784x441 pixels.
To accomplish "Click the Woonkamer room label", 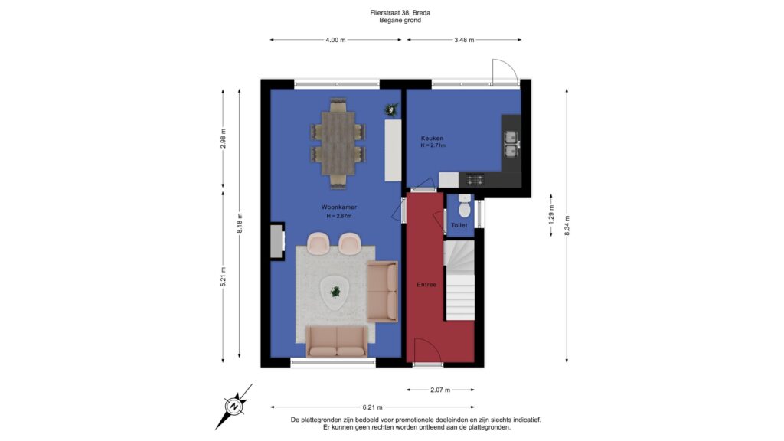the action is tap(339, 207).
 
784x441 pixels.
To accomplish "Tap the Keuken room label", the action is tap(432, 139).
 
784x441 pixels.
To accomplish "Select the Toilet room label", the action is tap(459, 226).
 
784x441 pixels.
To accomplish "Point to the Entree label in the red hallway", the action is tap(426, 285).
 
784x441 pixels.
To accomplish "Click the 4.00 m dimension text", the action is tap(335, 40).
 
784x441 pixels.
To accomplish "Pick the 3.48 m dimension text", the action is tap(464, 40).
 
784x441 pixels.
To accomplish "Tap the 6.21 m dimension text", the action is tap(373, 407).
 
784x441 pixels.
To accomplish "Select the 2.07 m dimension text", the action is tap(440, 390).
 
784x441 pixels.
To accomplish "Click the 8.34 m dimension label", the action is tap(567, 226).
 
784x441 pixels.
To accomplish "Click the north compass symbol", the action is tap(234, 407).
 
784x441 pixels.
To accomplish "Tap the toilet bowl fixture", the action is tap(465, 207).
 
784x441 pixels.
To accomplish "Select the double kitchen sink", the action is tap(511, 144).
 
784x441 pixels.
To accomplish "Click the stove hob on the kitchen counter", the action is tap(475, 179).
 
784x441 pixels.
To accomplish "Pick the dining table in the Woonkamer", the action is tap(338, 143).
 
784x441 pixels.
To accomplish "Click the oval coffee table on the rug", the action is tap(335, 292).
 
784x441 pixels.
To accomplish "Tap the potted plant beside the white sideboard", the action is tap(391, 109).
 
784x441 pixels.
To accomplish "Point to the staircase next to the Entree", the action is tap(459, 280).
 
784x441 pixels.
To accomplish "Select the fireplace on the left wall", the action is tap(277, 241).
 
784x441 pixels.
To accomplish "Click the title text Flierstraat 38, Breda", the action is tap(400, 13).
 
